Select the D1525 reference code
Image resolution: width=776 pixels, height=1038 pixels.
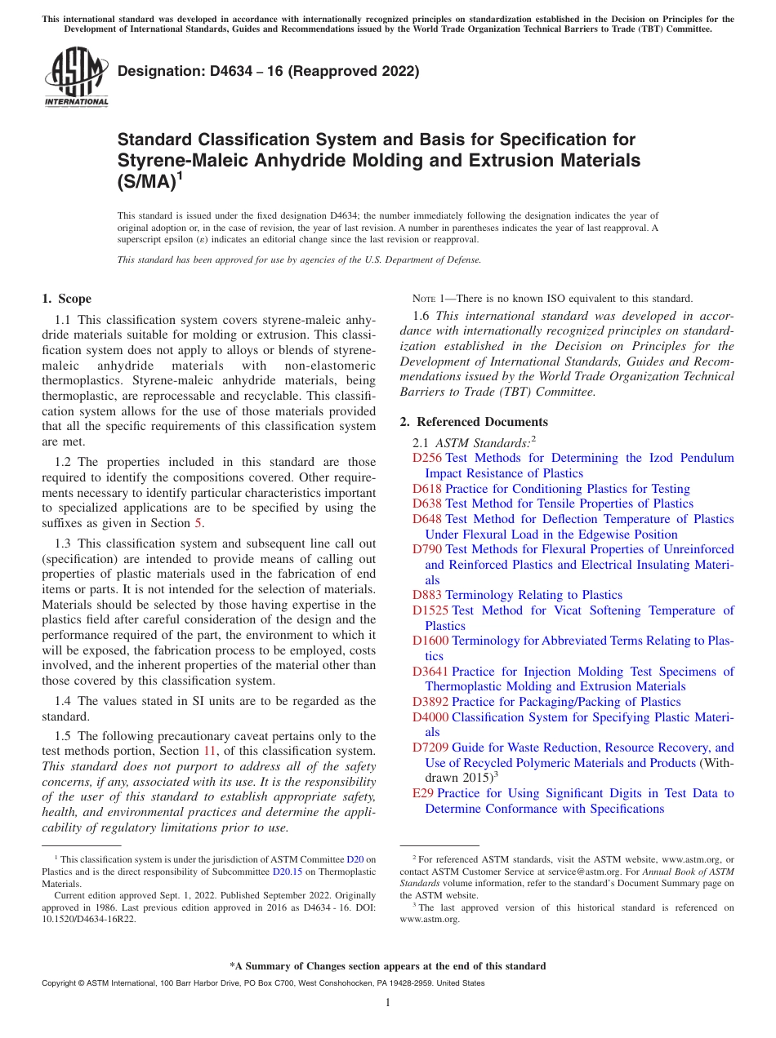click(x=430, y=610)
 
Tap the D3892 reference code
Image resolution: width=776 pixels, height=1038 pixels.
click(x=430, y=702)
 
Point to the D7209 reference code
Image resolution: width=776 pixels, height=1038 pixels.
click(x=430, y=747)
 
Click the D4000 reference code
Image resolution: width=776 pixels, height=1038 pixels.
click(x=430, y=717)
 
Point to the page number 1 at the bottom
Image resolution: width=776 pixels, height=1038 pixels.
click(x=388, y=1003)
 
